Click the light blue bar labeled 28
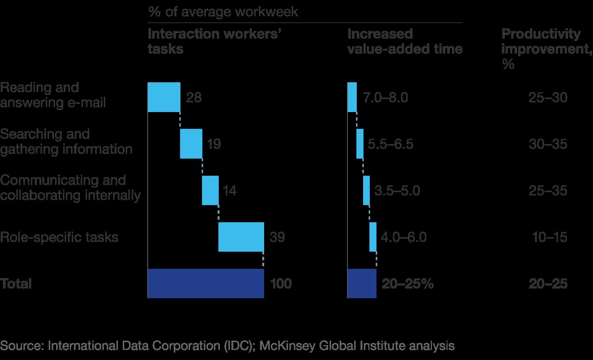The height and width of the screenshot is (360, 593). click(x=164, y=97)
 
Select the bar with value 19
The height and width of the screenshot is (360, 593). click(x=191, y=144)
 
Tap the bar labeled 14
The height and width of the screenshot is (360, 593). click(x=210, y=190)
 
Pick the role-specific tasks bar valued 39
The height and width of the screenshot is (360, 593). click(x=241, y=237)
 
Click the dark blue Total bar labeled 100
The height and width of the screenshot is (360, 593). click(x=206, y=283)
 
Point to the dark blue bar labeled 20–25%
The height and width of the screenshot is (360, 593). click(x=362, y=283)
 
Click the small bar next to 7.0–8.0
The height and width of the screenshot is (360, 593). click(x=352, y=97)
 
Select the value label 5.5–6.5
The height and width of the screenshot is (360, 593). click(x=390, y=144)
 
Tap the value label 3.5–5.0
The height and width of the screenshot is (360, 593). click(x=397, y=191)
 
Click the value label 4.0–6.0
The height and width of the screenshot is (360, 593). click(x=403, y=237)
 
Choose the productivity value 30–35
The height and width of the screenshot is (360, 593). click(x=548, y=144)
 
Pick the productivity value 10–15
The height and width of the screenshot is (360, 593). click(x=549, y=237)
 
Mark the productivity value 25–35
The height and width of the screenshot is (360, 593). click(x=548, y=191)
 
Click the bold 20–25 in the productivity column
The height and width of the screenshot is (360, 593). click(x=548, y=284)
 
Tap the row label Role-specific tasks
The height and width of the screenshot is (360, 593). click(x=59, y=237)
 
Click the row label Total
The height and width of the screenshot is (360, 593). click(x=16, y=284)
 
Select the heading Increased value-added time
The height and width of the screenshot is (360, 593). click(x=404, y=41)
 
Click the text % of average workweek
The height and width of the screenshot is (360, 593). click(x=223, y=12)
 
